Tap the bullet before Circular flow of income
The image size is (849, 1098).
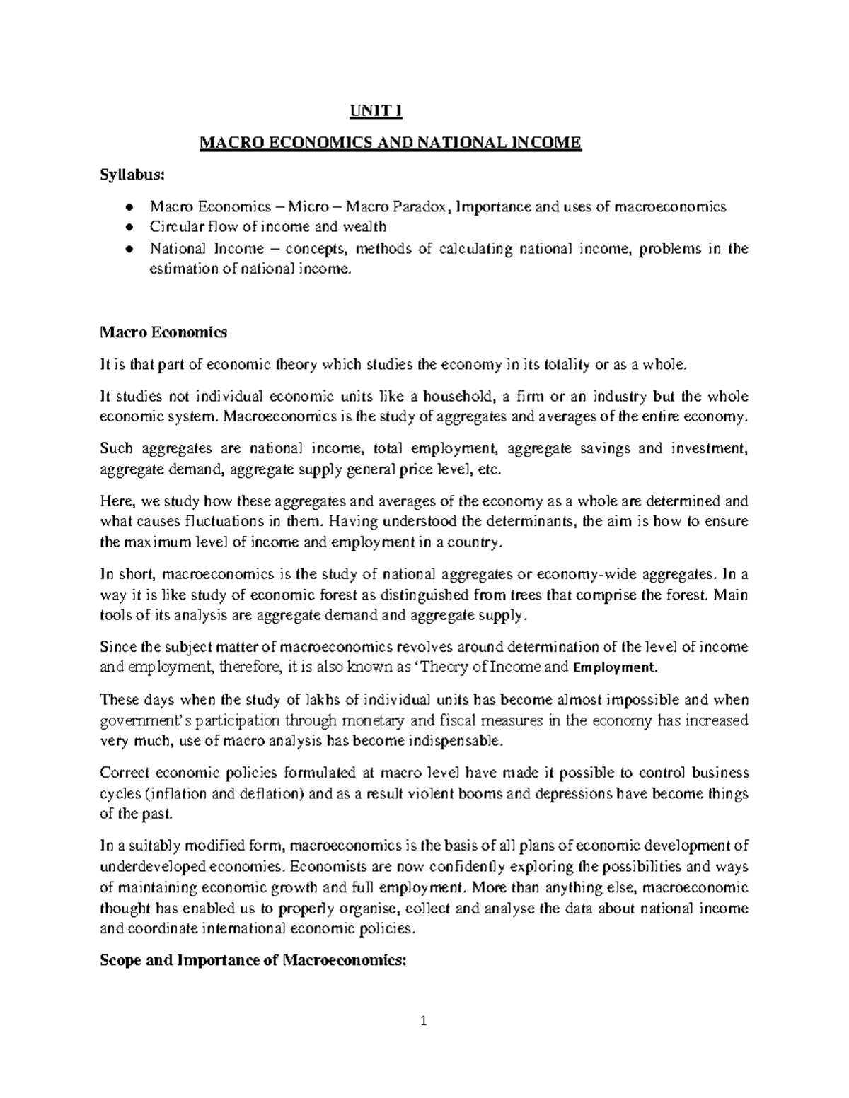point(128,228)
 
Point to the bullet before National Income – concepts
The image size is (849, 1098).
point(128,249)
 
